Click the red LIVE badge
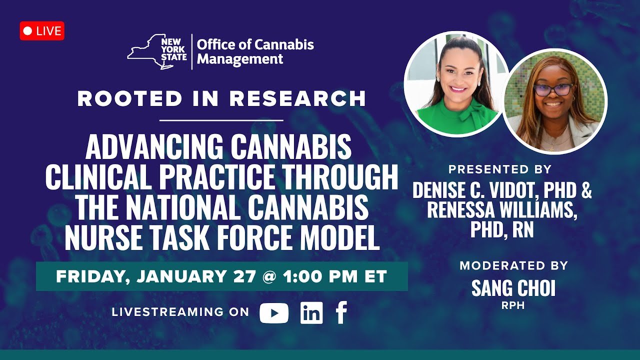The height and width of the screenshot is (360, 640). coord(42,31)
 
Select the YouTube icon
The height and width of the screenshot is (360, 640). coord(274,313)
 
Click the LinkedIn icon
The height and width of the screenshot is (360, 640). coord(311,313)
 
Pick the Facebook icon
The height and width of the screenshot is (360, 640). coord(341,313)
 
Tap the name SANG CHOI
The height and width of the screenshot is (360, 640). coord(513,288)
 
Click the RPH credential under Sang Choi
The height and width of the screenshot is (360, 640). coord(513,305)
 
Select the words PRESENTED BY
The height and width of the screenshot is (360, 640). coord(500,169)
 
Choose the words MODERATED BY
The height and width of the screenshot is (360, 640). coord(513,265)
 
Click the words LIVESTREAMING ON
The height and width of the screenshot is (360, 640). coord(180,312)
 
